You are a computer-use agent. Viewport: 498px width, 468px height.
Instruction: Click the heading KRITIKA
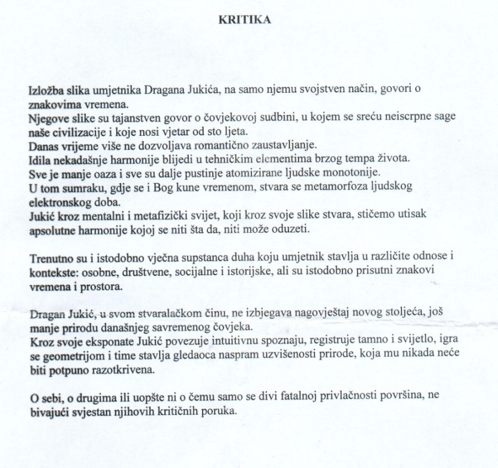coord(245,19)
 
